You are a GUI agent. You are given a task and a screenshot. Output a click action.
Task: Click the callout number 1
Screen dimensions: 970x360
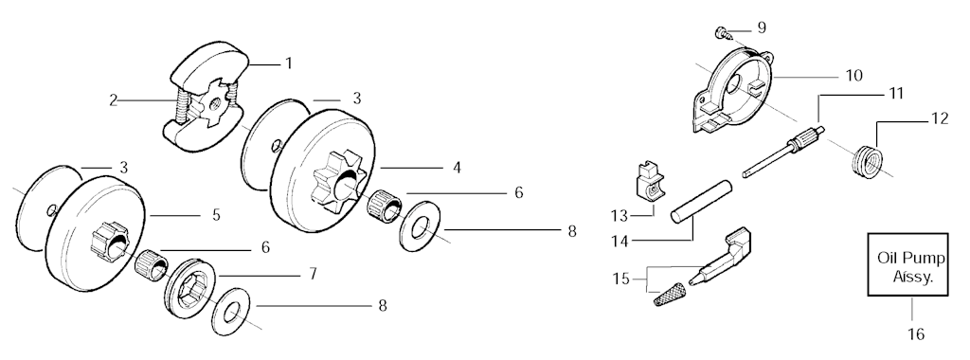tap(288, 63)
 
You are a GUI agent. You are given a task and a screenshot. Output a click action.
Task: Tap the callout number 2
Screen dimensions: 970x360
tap(114, 100)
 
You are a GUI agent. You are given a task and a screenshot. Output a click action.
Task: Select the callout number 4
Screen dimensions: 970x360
tap(457, 168)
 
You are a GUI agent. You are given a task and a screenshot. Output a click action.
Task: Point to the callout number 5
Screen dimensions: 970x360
tap(216, 215)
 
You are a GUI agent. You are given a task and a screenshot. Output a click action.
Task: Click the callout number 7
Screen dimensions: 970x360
tap(313, 273)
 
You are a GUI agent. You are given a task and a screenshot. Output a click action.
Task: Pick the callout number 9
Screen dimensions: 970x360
tap(762, 27)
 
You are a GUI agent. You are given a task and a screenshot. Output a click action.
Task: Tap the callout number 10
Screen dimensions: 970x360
tap(853, 76)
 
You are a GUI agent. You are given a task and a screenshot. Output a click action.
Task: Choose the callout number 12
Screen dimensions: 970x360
tap(940, 118)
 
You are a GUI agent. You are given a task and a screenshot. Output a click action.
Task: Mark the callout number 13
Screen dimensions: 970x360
tap(620, 216)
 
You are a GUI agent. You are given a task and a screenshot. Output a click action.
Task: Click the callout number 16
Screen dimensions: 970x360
tap(916, 334)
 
